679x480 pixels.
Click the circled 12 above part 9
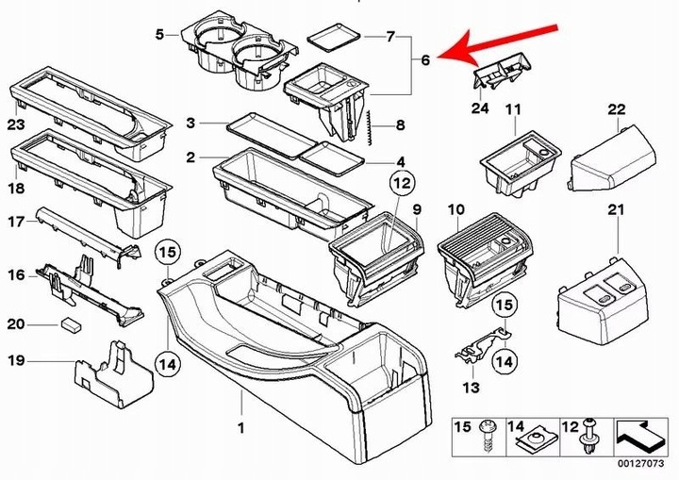(x=402, y=182)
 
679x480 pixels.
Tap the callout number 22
(x=617, y=110)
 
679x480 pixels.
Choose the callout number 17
(x=15, y=223)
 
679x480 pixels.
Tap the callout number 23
(x=15, y=124)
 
